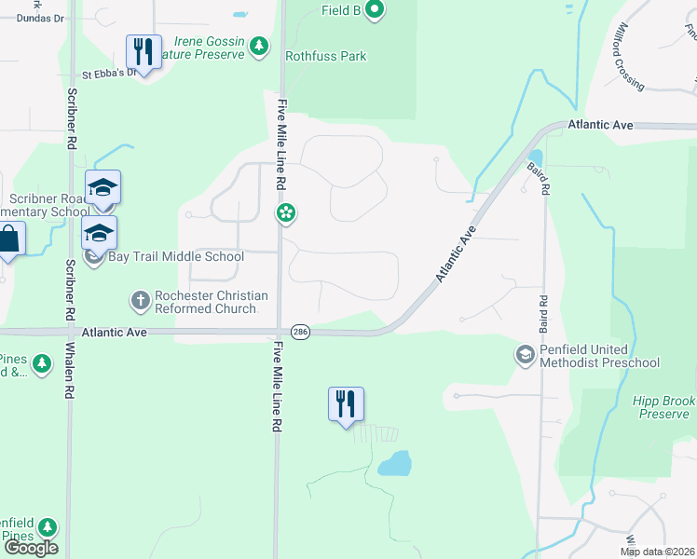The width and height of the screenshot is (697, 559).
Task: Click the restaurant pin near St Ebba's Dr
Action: coord(143,52)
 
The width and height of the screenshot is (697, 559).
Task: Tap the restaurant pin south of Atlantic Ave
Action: coord(346,404)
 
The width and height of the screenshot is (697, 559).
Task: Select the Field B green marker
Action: coord(375,11)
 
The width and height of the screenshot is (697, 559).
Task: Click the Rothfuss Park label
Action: coord(326,56)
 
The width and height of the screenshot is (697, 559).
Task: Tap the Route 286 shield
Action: coord(300,332)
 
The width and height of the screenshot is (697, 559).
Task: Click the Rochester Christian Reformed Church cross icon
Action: coord(140,301)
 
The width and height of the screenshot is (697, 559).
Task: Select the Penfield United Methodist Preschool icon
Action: coord(525,355)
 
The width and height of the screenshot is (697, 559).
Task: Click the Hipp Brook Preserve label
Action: coord(663,408)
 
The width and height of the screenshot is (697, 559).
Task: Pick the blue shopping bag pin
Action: coord(7,239)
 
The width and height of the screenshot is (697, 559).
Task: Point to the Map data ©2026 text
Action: coord(656,552)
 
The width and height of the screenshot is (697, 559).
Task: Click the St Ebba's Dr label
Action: coord(109,74)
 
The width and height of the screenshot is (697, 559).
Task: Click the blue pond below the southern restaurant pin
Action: coord(395,462)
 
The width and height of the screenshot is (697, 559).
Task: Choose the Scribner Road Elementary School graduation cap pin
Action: coord(103,188)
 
